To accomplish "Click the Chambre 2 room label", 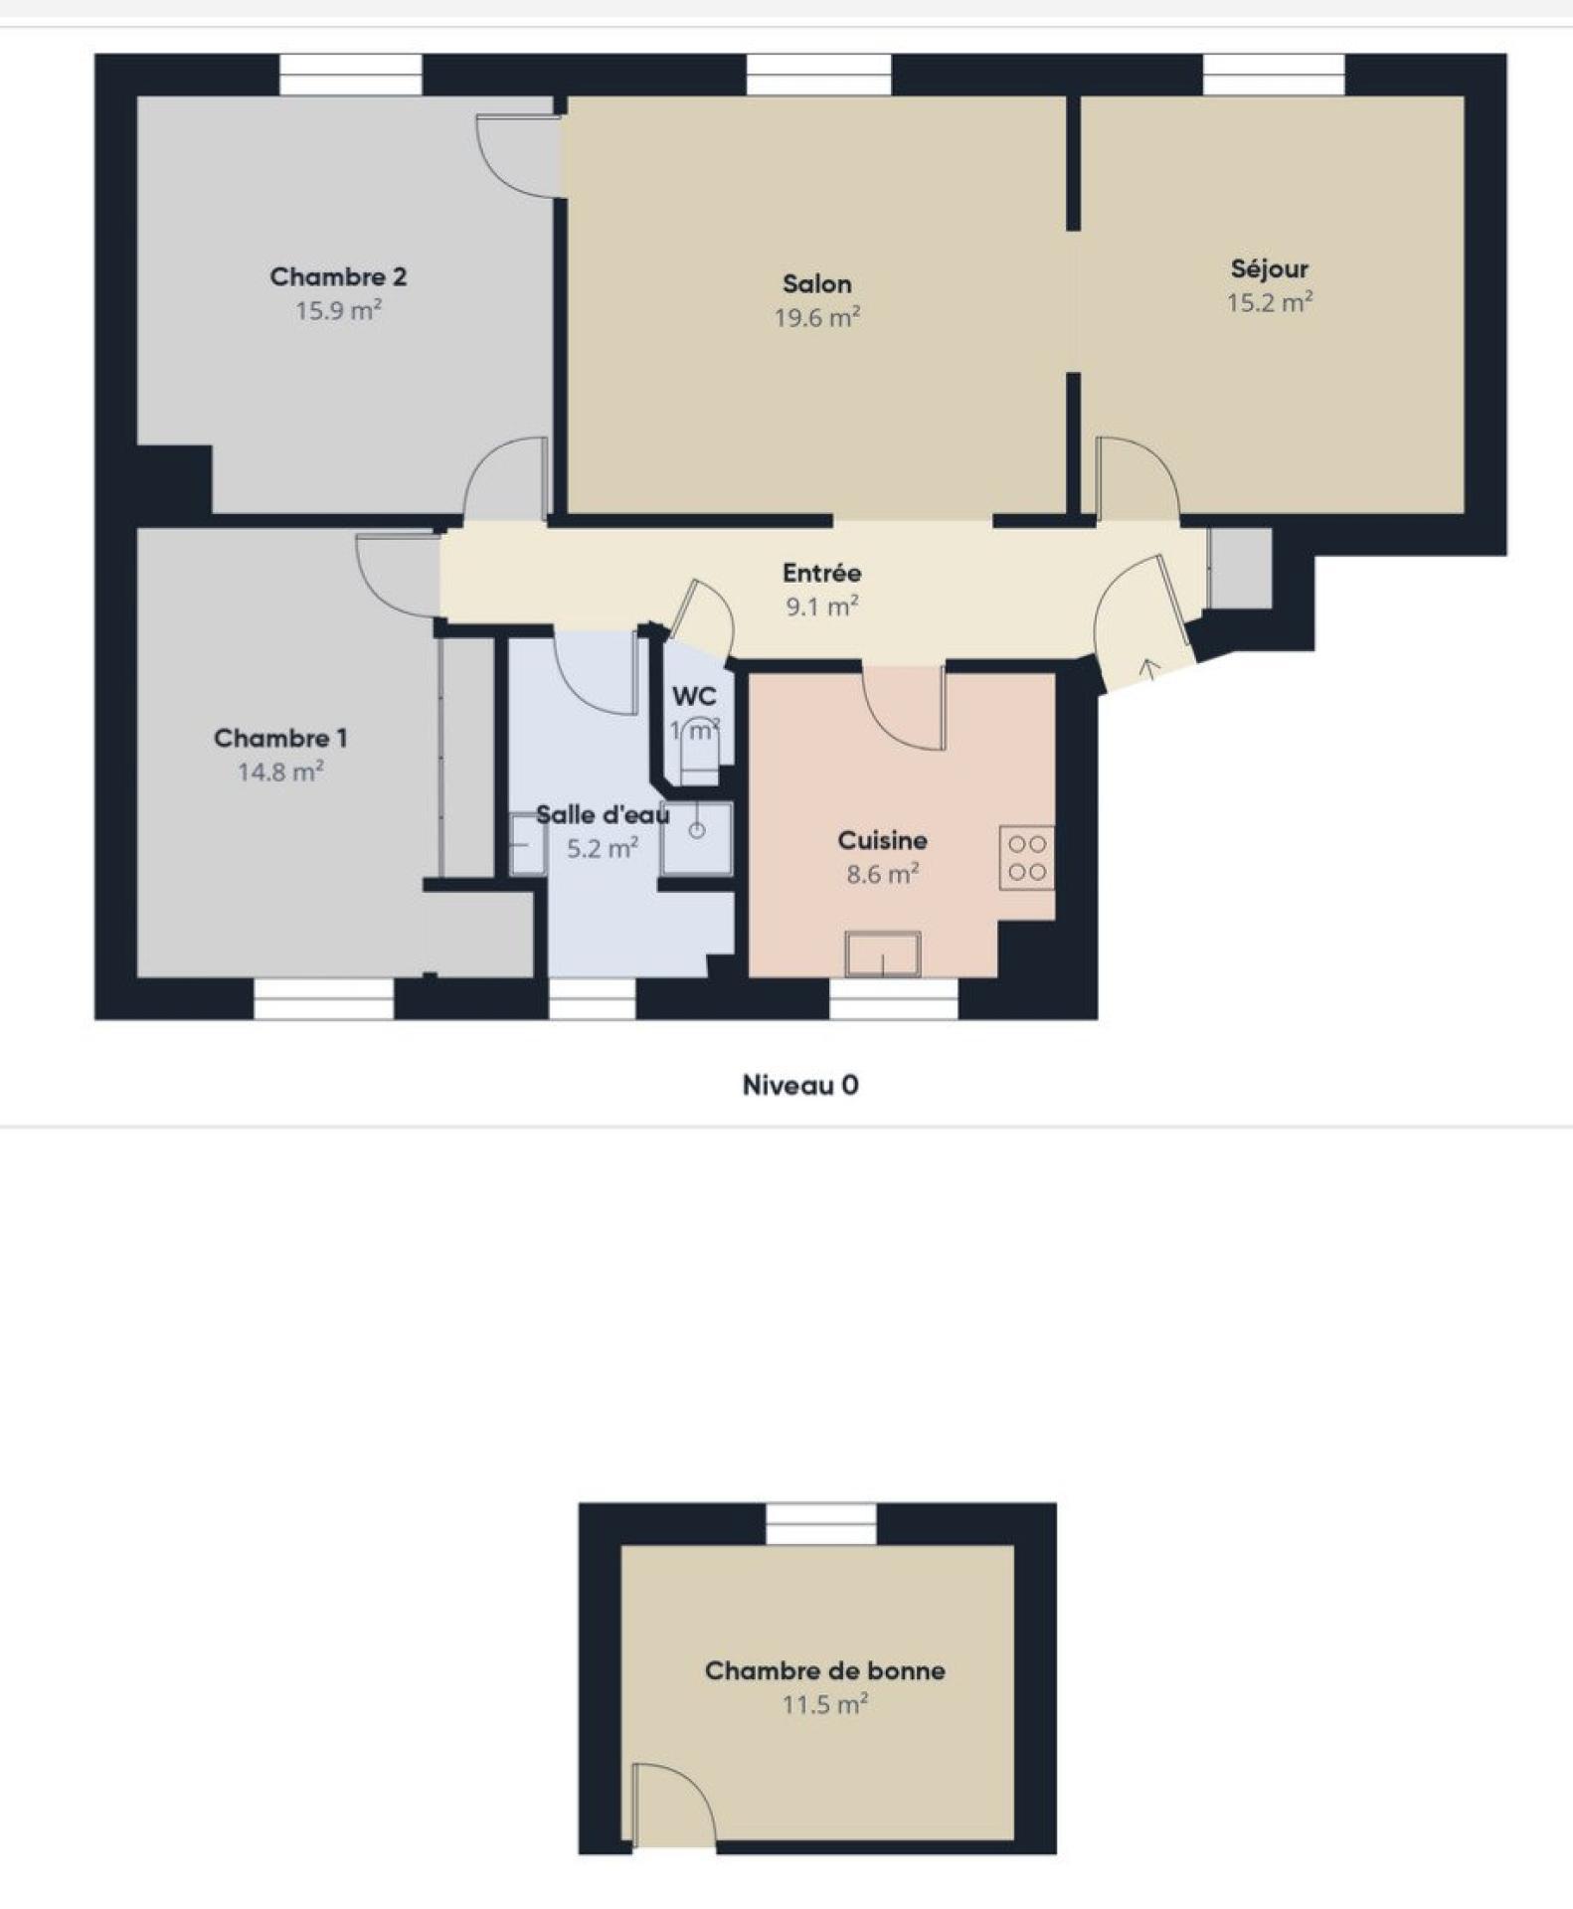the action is [338, 276].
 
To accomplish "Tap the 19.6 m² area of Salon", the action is [817, 317].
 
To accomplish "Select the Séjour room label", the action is [1270, 268].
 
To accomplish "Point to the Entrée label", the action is [821, 573].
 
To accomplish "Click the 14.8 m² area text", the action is [280, 772].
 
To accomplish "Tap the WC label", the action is [694, 696].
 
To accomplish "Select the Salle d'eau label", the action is [603, 815].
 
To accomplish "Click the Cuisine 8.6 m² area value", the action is [882, 874].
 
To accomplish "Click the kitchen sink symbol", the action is [883, 954].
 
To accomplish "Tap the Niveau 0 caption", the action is [800, 1085].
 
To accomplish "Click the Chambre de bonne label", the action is [825, 1670].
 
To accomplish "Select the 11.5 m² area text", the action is [825, 1704].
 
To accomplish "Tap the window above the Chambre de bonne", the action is [821, 1524].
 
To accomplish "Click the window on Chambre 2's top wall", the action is [351, 75].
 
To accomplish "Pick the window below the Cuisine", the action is [894, 998].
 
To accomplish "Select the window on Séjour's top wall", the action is [1274, 75].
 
